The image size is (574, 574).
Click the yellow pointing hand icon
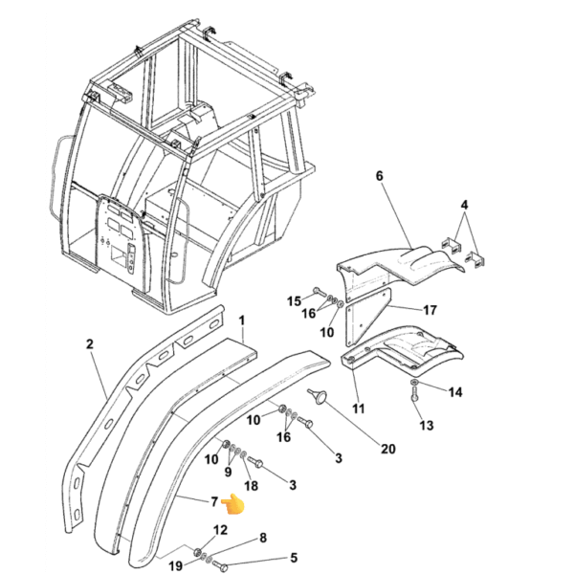[232, 504]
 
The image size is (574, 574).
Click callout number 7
[214, 501]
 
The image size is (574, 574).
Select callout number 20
[388, 449]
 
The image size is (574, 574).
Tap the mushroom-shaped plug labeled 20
[319, 396]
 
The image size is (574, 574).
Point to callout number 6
[379, 176]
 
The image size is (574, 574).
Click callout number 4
[464, 205]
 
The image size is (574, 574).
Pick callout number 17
[430, 310]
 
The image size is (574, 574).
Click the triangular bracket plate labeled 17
[367, 318]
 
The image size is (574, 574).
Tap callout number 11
[359, 408]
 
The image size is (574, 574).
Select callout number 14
[455, 392]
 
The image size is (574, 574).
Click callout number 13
[426, 426]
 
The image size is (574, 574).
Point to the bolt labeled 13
[414, 395]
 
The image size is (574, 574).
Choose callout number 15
[294, 301]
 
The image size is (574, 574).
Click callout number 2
[90, 344]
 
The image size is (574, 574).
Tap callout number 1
[242, 320]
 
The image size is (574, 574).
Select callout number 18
[251, 486]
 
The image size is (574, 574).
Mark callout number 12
[220, 530]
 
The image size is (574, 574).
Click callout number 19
[175, 565]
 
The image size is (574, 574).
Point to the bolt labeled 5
[220, 566]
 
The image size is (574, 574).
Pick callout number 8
[263, 538]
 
